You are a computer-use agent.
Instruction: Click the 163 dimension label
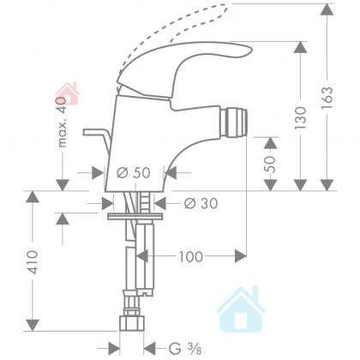pyautogui.click(x=327, y=98)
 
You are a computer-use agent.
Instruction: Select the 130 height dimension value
pyautogui.click(x=301, y=117)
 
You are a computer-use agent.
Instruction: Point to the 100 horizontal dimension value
pyautogui.click(x=191, y=256)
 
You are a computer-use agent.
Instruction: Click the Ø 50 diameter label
pyautogui.click(x=134, y=172)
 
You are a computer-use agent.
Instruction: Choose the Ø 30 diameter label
pyautogui.click(x=201, y=203)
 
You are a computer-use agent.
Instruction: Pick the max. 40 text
pyautogui.click(x=62, y=122)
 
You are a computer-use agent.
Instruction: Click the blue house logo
pyautogui.click(x=241, y=309)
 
